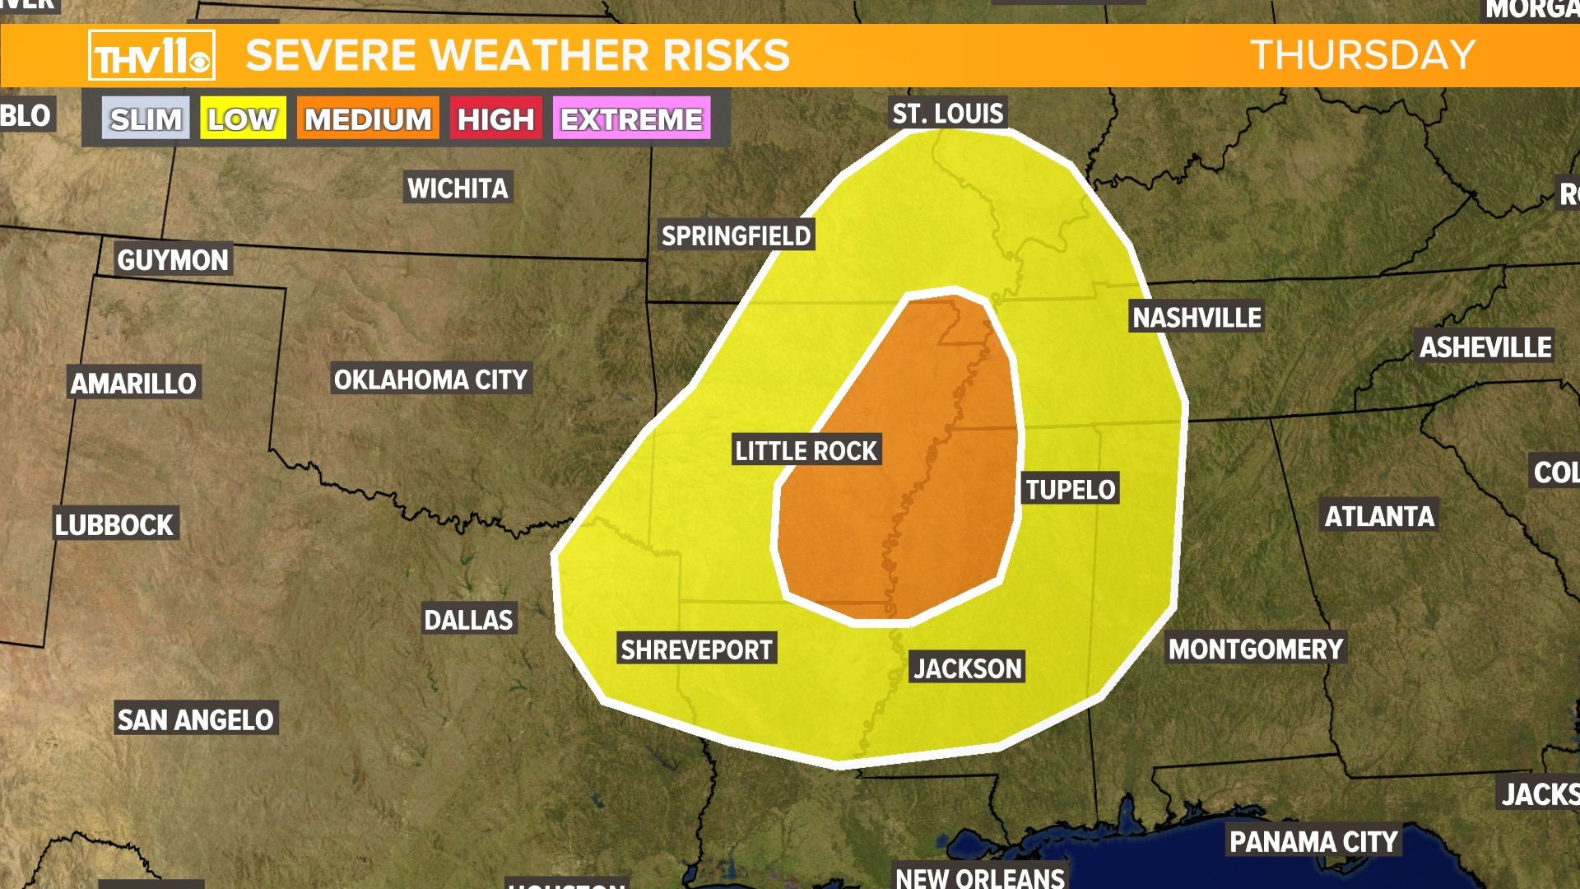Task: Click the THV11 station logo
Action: (151, 56)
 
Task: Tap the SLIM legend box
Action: (146, 119)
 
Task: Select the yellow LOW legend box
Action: (243, 119)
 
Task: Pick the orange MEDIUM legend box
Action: (368, 119)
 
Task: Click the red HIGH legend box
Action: (495, 119)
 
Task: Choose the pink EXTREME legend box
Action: (631, 119)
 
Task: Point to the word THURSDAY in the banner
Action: (1363, 56)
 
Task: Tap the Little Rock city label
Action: (806, 451)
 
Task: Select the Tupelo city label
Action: (1070, 490)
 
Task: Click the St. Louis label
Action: (948, 114)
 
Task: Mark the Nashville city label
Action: (1197, 318)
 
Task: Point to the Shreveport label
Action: (696, 650)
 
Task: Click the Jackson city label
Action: (968, 668)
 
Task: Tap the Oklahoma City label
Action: (430, 379)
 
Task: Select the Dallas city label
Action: (468, 620)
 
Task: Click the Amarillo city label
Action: (133, 384)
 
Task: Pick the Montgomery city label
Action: (1256, 649)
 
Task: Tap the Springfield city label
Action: (737, 236)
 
